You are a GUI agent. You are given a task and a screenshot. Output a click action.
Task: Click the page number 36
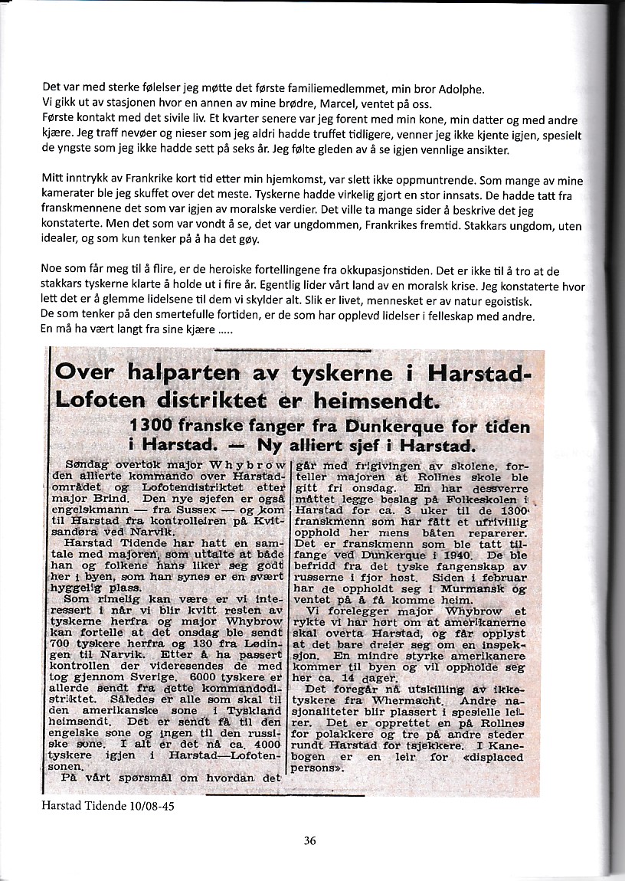(x=309, y=840)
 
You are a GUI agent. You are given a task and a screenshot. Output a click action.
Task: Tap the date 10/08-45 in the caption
(x=159, y=807)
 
